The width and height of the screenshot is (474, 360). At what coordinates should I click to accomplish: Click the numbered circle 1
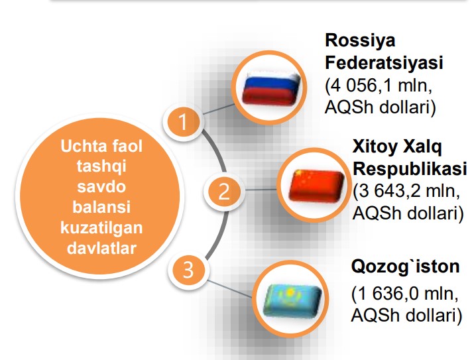point(183,122)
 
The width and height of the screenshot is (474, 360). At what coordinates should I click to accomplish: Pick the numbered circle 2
point(223,192)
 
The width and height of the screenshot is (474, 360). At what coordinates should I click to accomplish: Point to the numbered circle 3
point(188,269)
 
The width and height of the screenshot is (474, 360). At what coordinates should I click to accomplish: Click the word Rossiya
point(360,40)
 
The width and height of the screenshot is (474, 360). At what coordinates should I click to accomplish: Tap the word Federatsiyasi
point(384,62)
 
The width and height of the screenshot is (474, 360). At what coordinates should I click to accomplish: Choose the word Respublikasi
point(410,168)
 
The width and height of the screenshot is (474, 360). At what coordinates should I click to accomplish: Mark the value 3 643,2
point(390,191)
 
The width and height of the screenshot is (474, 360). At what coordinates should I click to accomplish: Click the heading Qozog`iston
point(405,267)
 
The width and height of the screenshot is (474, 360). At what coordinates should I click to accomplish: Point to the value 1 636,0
point(388,294)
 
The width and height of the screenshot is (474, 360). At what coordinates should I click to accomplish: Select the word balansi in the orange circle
point(101,208)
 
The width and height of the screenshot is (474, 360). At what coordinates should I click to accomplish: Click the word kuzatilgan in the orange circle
point(101,228)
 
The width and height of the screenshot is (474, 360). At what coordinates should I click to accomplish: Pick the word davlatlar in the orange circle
point(101,249)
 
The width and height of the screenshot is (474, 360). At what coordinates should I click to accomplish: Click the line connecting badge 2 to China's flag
point(261,190)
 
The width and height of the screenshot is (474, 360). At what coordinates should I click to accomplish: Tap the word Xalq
point(422,147)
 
